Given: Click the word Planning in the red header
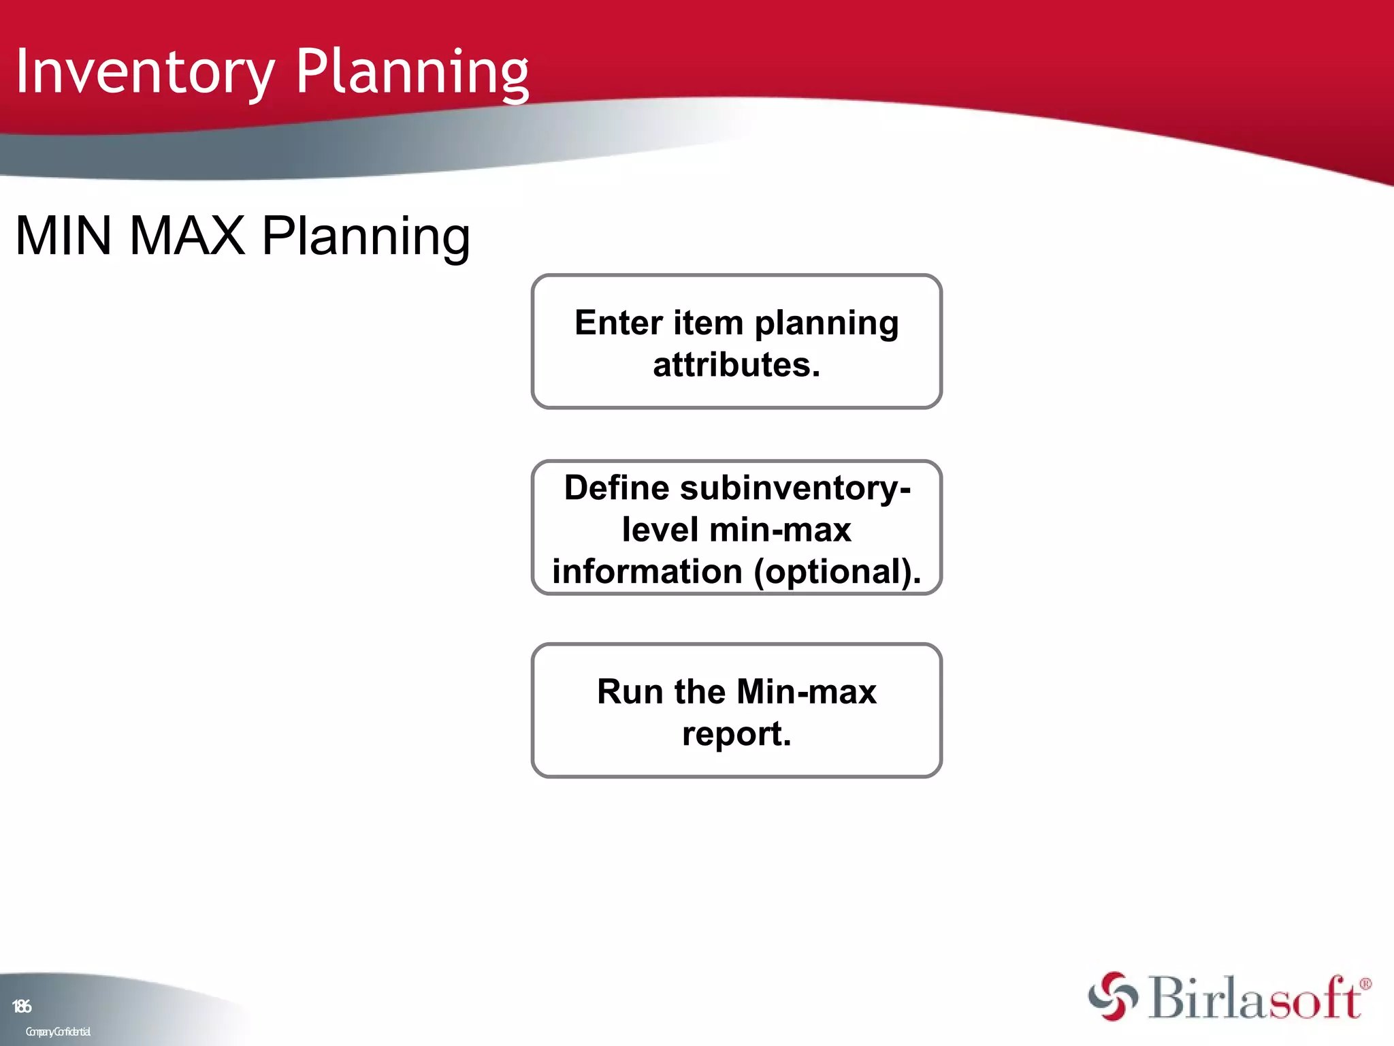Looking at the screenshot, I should click(x=412, y=72).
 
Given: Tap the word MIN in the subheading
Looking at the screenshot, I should click(x=63, y=236).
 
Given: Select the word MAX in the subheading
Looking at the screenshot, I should click(x=187, y=236).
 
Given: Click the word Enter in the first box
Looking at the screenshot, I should click(x=619, y=323).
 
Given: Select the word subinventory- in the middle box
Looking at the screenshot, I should click(x=795, y=488).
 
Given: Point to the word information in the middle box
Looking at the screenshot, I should click(x=647, y=571).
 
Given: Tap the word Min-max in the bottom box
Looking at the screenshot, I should click(x=807, y=692).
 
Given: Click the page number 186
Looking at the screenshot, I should click(x=22, y=1006).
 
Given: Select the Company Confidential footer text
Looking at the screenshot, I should click(x=58, y=1032).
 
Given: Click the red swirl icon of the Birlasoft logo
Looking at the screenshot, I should click(x=1112, y=996).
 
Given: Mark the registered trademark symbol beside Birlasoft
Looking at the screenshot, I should click(x=1365, y=983).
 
